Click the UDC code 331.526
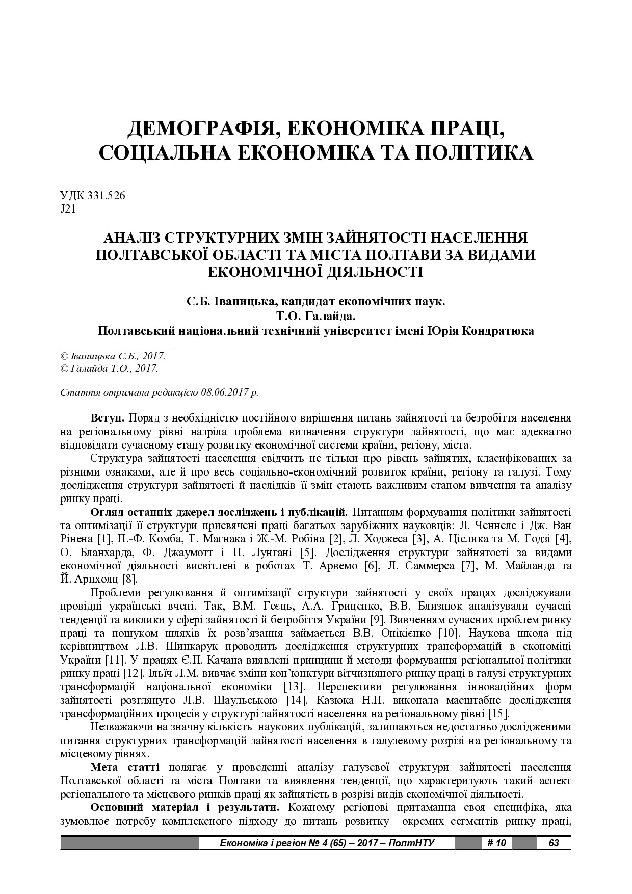(107, 196)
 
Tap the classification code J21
(68, 209)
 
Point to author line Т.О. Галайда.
(315, 316)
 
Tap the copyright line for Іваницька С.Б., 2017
(113, 356)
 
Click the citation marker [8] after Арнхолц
(129, 579)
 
